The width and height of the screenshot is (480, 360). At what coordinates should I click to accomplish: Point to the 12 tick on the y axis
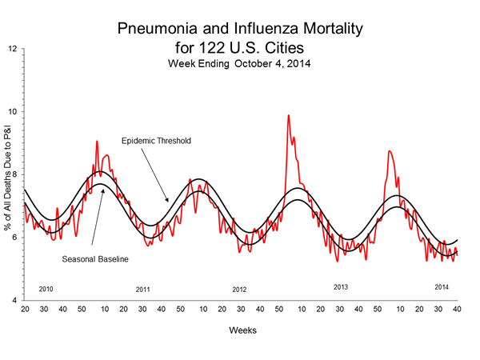click(13, 49)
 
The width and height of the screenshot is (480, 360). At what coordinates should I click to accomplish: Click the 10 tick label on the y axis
click(13, 112)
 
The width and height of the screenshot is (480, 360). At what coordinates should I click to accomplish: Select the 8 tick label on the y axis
click(14, 174)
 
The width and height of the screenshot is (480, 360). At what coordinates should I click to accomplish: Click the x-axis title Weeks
click(242, 329)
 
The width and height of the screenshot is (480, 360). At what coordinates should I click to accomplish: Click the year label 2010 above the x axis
click(46, 288)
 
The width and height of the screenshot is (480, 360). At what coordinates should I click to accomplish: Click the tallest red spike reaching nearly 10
click(288, 115)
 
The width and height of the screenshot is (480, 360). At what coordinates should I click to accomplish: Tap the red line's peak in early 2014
click(389, 150)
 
